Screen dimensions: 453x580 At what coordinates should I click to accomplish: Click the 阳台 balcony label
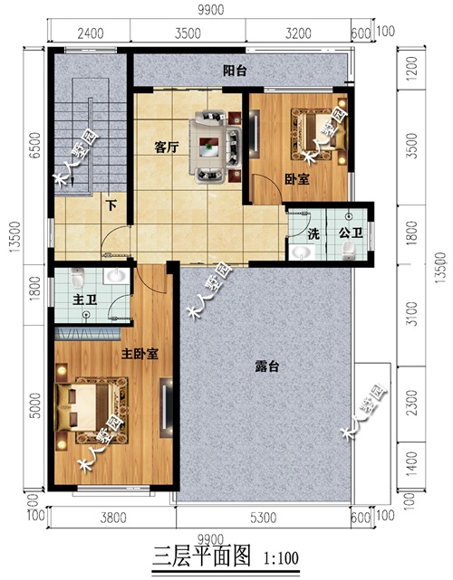235,71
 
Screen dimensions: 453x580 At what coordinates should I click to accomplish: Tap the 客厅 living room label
167,147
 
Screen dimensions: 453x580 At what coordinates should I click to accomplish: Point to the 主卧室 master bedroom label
140,354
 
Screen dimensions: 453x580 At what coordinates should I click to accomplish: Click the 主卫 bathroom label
85,300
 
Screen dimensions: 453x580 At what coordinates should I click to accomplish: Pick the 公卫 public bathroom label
351,233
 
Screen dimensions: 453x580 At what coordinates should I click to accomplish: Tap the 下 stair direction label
111,205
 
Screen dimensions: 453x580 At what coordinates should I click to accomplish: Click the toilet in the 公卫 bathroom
348,252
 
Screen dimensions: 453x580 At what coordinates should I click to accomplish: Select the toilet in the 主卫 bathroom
77,278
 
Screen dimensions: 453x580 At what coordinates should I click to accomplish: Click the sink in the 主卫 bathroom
116,276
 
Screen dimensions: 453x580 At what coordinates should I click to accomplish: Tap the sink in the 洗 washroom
302,253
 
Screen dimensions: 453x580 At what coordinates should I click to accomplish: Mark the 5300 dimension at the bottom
263,518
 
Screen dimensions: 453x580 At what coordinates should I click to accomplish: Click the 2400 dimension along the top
90,33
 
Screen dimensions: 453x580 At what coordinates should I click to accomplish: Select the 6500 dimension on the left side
35,146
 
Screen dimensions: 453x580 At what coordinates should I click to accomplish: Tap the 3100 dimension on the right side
411,314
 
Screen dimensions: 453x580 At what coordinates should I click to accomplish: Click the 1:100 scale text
281,558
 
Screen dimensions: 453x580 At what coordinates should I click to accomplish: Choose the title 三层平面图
202,556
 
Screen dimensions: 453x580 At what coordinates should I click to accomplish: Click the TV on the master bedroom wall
166,407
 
